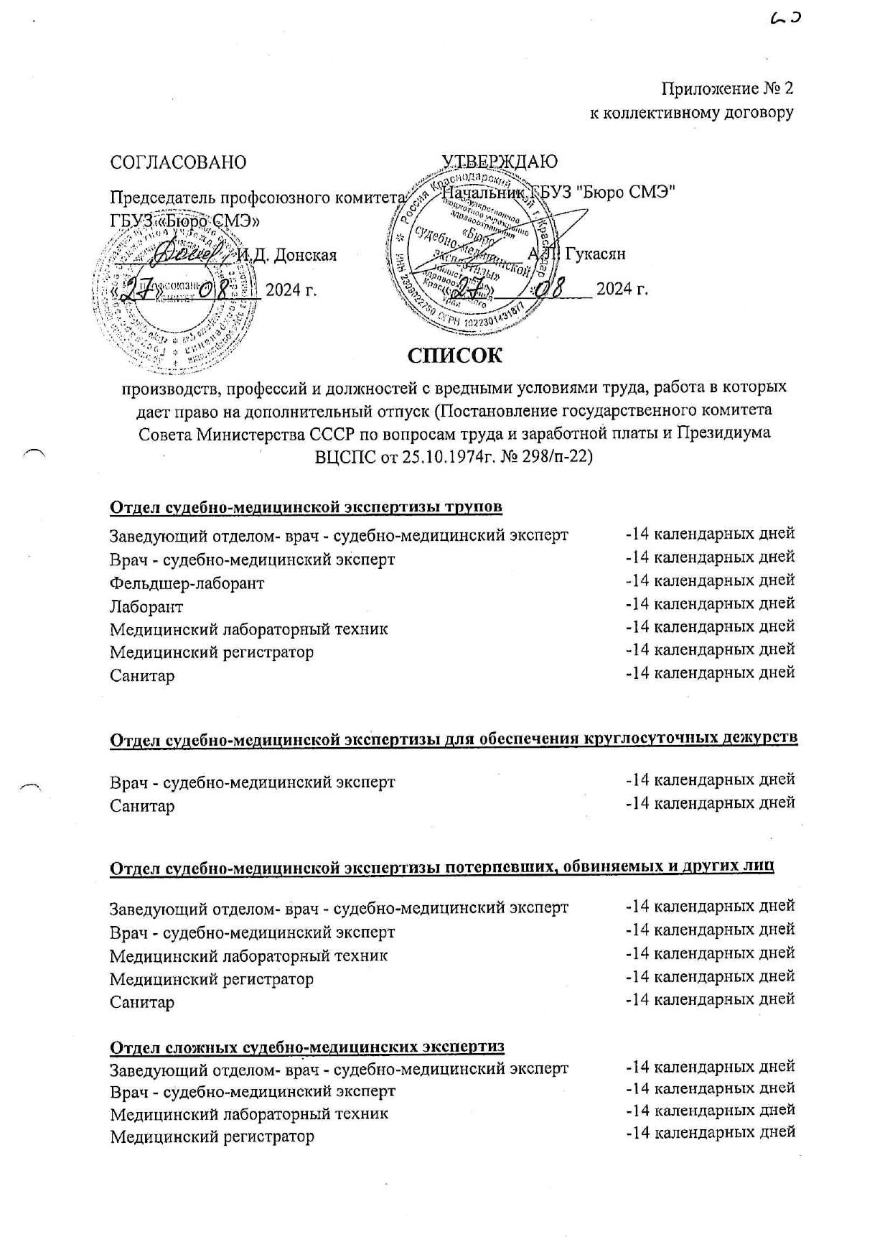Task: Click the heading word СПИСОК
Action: click(x=454, y=356)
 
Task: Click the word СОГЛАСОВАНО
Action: click(x=177, y=162)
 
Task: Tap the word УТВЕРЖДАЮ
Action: click(x=500, y=162)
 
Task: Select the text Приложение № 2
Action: click(x=727, y=89)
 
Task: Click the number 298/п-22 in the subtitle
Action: click(x=556, y=458)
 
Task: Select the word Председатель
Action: click(x=162, y=197)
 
